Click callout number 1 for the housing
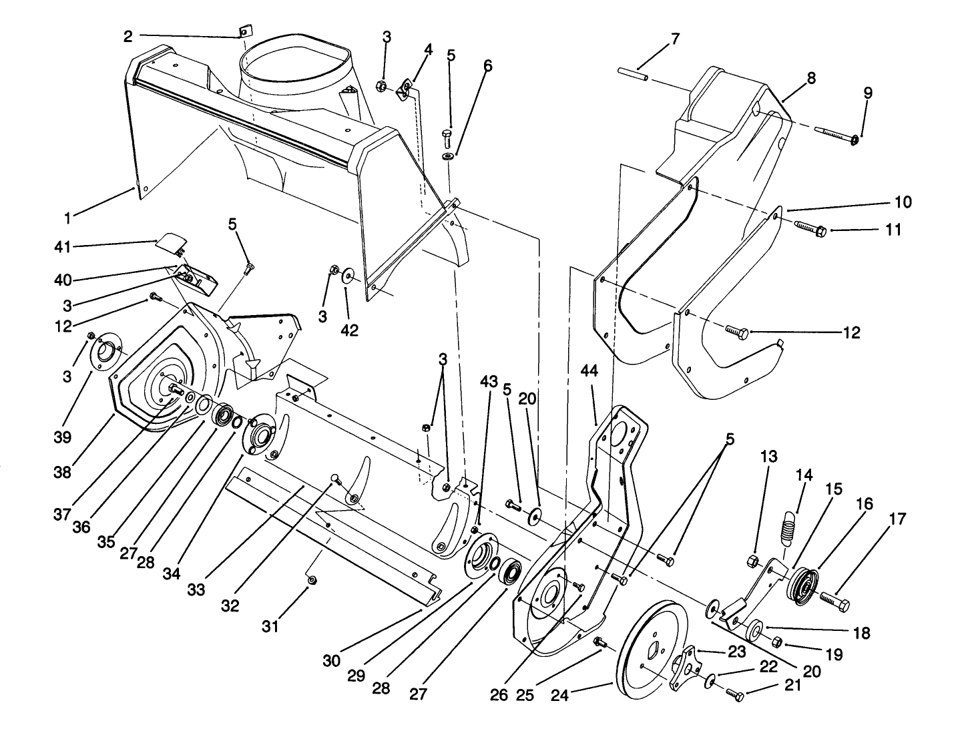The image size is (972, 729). [67, 218]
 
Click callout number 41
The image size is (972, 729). [61, 247]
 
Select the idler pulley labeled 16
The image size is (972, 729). [805, 584]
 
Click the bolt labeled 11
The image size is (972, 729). [810, 229]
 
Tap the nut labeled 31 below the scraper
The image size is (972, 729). [312, 580]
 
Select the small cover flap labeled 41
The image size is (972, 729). [172, 244]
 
